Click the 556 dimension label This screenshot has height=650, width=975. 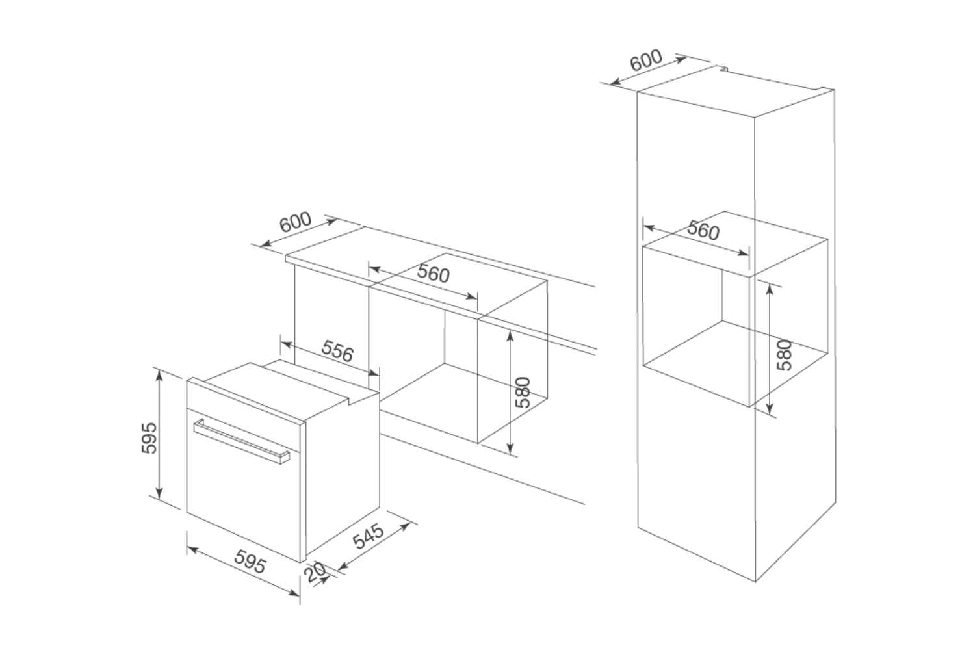(x=337, y=351)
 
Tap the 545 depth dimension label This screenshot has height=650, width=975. (x=369, y=536)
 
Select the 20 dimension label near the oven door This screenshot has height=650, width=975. (x=315, y=573)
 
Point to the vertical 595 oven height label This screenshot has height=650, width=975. (x=149, y=437)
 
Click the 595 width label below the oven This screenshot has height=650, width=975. (x=250, y=561)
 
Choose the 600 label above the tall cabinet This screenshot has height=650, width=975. (x=646, y=60)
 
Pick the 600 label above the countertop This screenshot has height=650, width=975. (x=295, y=222)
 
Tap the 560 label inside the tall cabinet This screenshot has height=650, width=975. (x=703, y=230)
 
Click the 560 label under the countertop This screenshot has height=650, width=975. (x=433, y=273)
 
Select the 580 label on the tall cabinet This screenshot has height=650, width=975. (x=785, y=356)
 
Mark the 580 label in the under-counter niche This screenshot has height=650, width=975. (x=523, y=392)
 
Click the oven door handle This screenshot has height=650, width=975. (x=242, y=441)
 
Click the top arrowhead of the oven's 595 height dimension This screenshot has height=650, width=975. (x=159, y=375)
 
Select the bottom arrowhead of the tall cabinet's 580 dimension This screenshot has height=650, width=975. (x=770, y=409)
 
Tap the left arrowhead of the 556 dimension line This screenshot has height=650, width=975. (x=286, y=344)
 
